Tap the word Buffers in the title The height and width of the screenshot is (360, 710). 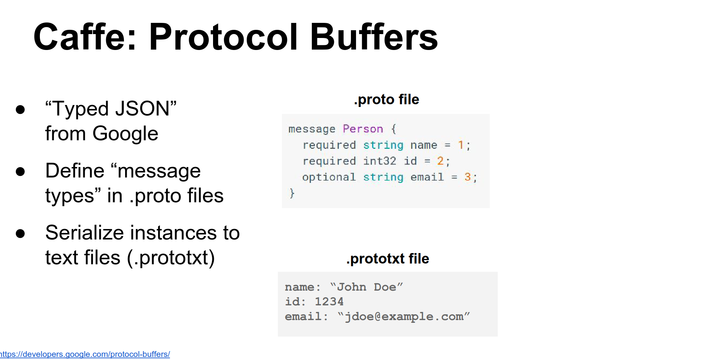pos(374,37)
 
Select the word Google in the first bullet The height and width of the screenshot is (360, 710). pos(125,134)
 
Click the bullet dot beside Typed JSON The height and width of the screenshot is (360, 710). pos(20,109)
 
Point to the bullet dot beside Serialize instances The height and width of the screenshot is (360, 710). pos(20,233)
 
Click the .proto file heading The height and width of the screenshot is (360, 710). pos(387,100)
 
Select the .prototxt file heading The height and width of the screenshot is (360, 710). pos(388,258)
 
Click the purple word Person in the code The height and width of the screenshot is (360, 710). pos(363,129)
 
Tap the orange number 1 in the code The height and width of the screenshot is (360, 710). pos(461,145)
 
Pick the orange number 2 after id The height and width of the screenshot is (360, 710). pos(440,161)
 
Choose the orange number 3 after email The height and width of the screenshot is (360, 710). pos(468,177)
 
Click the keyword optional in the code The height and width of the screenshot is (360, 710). pos(329,177)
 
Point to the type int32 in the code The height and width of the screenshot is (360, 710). pos(380,161)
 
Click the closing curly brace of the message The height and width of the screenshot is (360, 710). pos(292,193)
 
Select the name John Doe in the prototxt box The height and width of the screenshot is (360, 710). pos(367,287)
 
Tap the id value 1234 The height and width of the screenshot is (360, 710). pos(329,301)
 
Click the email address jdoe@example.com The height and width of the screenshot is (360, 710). pos(404,317)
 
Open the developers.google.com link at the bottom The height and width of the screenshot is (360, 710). pos(85,354)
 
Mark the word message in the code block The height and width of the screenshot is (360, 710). pos(312,129)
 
